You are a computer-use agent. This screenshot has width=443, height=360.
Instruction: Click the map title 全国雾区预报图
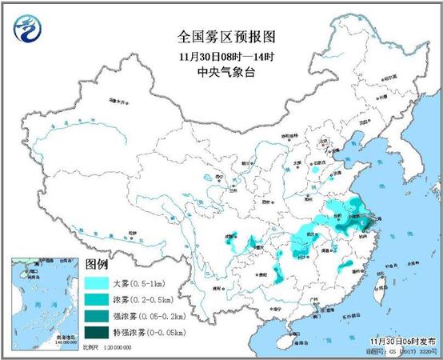point(221,37)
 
